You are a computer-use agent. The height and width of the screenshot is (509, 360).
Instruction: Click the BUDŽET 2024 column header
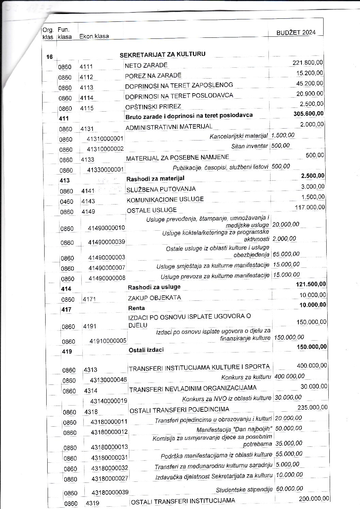click(296, 32)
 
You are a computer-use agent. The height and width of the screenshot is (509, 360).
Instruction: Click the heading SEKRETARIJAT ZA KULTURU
click(162, 54)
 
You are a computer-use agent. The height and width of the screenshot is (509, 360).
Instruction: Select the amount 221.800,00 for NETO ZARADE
click(308, 63)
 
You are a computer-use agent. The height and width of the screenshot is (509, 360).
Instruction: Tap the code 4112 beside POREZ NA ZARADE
click(86, 77)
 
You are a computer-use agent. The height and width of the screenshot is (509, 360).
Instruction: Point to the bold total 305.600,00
click(309, 113)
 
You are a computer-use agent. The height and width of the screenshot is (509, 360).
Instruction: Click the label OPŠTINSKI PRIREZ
click(153, 106)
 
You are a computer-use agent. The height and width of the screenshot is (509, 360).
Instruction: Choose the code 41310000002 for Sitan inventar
click(105, 149)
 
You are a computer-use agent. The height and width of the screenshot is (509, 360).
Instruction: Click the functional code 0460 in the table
click(66, 201)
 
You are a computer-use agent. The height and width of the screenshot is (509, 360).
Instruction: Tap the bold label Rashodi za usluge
click(154, 287)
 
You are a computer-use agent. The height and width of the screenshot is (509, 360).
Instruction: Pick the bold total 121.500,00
click(311, 284)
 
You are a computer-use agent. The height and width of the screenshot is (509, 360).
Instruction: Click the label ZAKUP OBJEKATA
click(154, 297)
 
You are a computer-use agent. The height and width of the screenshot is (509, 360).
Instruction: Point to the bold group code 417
click(67, 310)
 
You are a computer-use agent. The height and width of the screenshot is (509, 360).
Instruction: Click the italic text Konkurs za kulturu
click(246, 377)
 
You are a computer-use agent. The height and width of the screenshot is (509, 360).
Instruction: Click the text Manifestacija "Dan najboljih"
click(234, 430)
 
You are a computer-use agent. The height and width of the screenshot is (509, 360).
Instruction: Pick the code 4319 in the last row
click(91, 503)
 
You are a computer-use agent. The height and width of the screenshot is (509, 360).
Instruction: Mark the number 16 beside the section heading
click(50, 57)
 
